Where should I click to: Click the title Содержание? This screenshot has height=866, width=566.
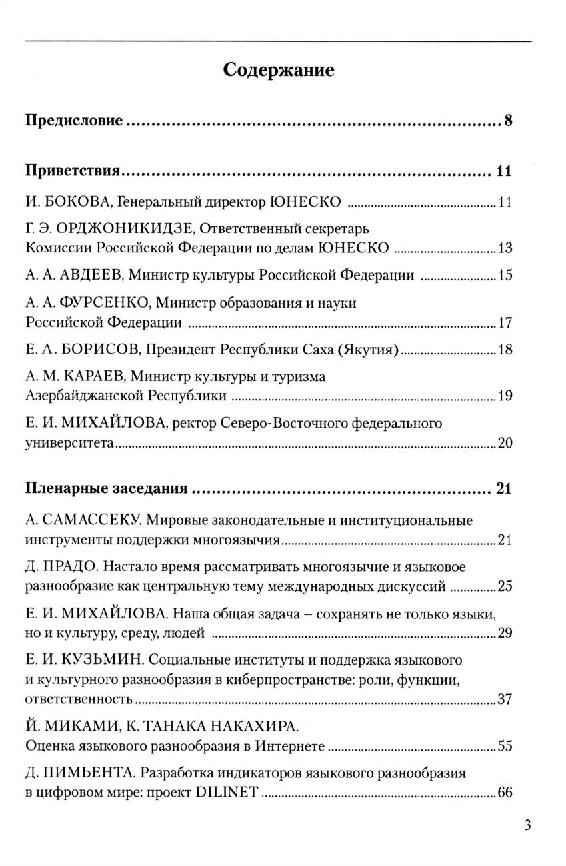coord(278,70)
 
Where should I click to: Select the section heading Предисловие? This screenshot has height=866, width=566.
coord(74,121)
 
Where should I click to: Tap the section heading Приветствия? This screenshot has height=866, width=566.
coord(72,171)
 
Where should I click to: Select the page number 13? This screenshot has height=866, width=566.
coord(505,249)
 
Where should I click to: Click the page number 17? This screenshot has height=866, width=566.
coord(505,324)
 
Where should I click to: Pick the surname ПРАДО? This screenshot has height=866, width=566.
coord(72,567)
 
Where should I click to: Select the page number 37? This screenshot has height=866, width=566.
coord(505,699)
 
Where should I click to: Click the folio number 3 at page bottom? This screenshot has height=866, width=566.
coord(527,827)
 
